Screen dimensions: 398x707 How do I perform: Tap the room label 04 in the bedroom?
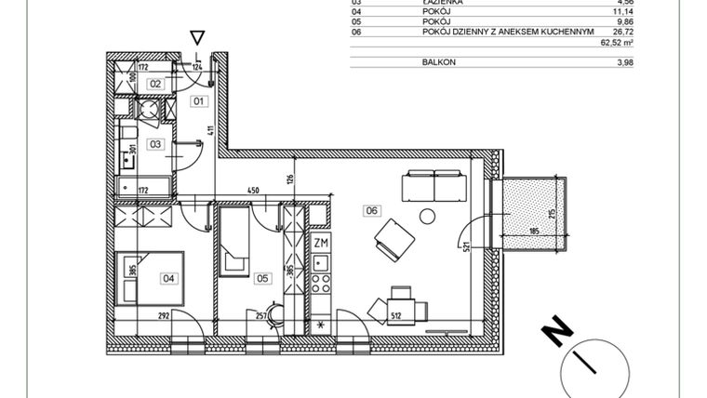(x=168, y=276)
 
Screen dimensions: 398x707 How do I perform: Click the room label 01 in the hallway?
(x=198, y=99)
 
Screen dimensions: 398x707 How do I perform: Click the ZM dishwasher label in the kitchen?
(x=321, y=244)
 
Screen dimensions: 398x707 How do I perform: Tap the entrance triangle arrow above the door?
(x=196, y=37)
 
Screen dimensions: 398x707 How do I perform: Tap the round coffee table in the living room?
(x=427, y=216)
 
